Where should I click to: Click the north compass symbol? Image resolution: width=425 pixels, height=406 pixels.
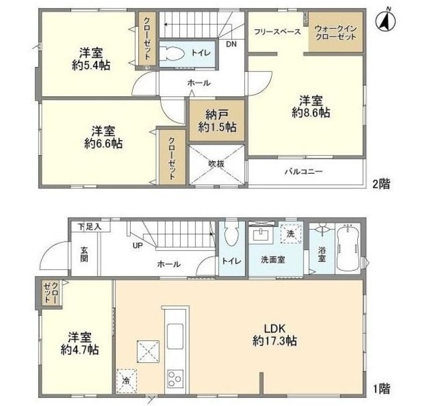point(385,21)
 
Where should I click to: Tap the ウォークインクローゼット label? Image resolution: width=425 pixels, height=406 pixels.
point(335,33)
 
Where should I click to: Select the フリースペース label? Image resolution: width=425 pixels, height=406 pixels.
point(278,32)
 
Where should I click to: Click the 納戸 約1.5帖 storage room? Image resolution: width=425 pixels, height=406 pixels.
point(217,121)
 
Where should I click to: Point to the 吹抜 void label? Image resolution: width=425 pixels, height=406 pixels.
point(216,164)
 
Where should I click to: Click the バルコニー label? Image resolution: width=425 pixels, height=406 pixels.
point(303,171)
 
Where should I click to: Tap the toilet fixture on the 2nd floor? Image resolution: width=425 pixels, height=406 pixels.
point(171,53)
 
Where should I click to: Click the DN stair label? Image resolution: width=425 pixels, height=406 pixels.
point(231,44)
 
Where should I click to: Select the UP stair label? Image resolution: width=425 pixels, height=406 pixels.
point(137,246)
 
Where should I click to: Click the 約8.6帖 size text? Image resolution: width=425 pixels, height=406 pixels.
point(311,112)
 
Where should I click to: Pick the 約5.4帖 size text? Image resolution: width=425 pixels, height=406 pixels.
point(91,65)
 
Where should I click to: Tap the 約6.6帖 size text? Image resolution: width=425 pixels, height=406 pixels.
point(104,143)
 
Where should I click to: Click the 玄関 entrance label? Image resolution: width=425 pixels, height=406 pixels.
point(84,254)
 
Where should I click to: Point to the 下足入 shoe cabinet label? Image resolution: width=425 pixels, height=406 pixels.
point(90,227)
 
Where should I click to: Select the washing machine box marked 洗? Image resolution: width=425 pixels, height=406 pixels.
point(291,234)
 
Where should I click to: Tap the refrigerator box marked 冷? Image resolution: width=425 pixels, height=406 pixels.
point(127,381)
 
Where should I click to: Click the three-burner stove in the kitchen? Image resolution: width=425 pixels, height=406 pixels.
point(175,379)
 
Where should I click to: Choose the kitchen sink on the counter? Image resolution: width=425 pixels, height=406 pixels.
point(175,336)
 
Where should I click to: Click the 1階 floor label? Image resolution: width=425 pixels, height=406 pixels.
point(382,389)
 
